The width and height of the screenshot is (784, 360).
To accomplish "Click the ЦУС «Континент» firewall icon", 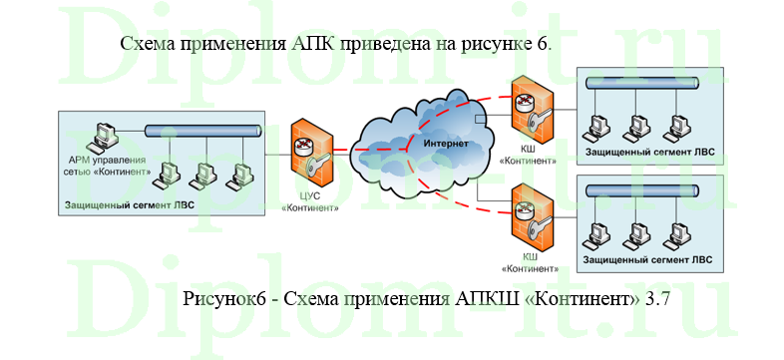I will point(308,150).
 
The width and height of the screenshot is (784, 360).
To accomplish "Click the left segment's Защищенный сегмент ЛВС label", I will point(129,205).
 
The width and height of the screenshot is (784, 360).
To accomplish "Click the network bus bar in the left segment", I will point(203,131).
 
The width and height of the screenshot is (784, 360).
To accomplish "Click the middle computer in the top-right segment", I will point(636,126).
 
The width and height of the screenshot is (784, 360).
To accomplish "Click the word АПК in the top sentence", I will point(315,44).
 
